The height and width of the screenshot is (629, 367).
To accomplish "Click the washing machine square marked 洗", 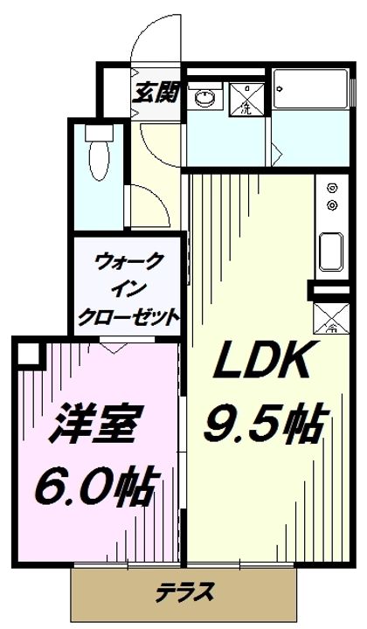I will [x=246, y=97].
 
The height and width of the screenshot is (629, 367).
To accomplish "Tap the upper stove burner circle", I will [x=331, y=187].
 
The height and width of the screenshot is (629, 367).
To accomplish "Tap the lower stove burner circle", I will [x=331, y=205].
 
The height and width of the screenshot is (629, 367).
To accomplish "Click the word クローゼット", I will [x=129, y=314].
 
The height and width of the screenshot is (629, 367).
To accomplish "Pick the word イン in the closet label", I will [x=129, y=288].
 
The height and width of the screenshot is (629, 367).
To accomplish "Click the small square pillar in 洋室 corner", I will [x=29, y=353].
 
